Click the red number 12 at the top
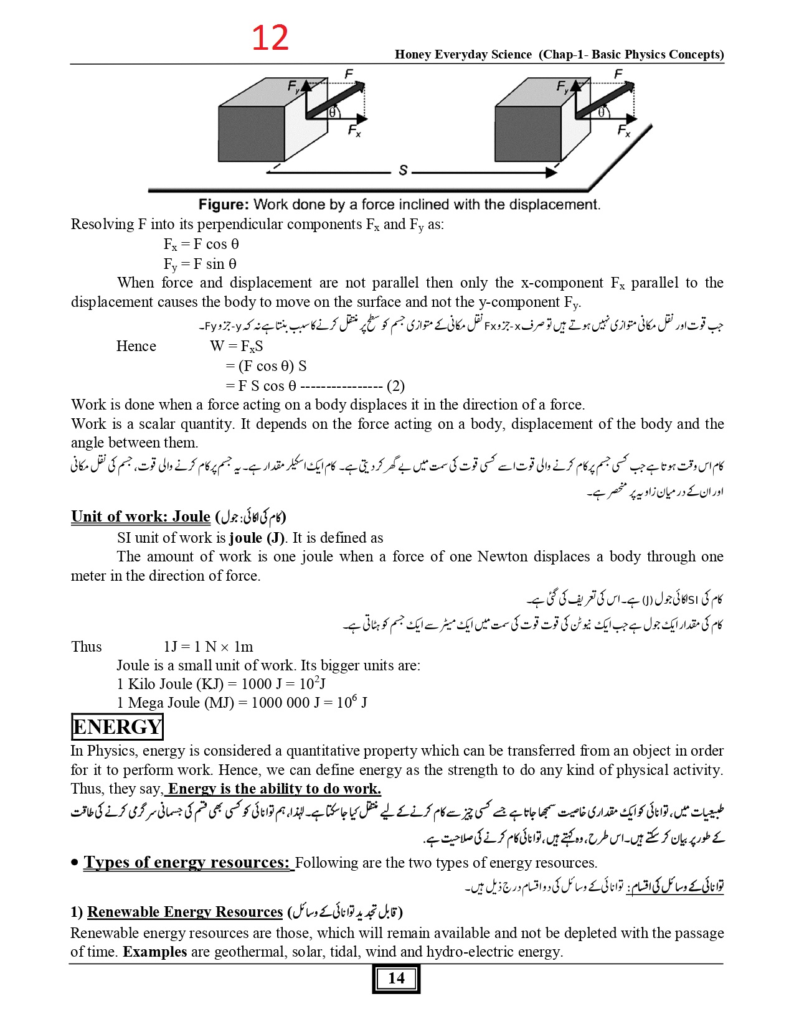pos(270,38)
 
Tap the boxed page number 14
pos(396,978)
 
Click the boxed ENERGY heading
pos(117,726)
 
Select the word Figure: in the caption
pos(224,205)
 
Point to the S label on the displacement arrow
pos(403,170)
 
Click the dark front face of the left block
pos(251,134)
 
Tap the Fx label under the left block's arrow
pos(354,131)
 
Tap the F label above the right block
pos(618,75)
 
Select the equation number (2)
pos(395,386)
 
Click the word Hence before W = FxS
pos(136,346)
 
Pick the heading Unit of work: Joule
pos(141,517)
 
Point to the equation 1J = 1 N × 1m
pos(208,647)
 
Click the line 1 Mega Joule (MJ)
pos(242,703)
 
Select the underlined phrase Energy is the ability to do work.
pos(274,789)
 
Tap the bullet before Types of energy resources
pos(75,863)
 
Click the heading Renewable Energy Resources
pos(185,912)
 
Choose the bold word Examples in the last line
pos(154,952)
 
